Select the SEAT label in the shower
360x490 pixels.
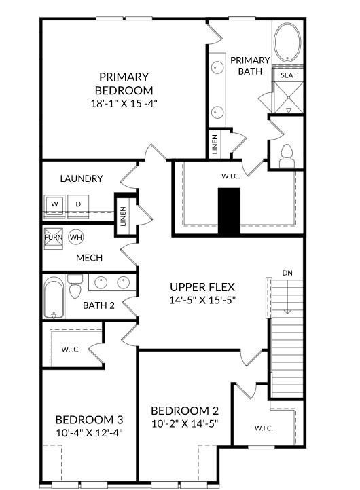tap(289, 75)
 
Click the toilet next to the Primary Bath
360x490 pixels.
tap(286, 155)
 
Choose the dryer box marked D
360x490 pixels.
tap(78, 204)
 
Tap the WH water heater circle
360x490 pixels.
tap(75, 237)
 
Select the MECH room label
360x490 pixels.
tap(89, 258)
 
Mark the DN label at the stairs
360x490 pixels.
tap(288, 273)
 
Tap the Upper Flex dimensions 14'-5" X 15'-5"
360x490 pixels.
tap(202, 300)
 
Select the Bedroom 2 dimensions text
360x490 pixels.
tap(184, 424)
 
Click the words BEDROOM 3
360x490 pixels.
tap(89, 419)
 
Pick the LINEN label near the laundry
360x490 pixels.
tap(123, 216)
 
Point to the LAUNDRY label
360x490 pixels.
tap(82, 178)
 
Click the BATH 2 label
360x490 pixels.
tap(98, 305)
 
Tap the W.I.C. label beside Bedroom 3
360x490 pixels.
tap(71, 350)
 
